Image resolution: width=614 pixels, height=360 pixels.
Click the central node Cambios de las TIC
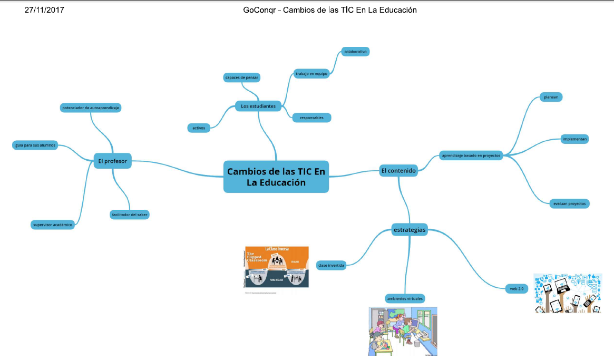(276, 177)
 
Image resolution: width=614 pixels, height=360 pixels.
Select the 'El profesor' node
(112, 161)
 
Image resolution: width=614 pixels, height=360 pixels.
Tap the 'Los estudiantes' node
(258, 106)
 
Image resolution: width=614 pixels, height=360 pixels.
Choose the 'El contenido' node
(398, 170)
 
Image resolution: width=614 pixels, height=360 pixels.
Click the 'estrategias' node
(410, 229)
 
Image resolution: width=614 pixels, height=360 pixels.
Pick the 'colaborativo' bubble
(355, 52)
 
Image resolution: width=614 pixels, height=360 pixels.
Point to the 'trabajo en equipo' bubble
(311, 74)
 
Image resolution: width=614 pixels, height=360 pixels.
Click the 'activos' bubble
(199, 128)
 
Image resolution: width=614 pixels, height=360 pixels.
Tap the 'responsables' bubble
(311, 118)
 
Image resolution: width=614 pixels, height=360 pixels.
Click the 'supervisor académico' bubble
(52, 225)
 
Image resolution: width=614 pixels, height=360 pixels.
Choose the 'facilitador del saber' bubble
(130, 215)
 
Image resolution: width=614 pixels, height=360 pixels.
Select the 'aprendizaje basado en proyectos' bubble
(471, 155)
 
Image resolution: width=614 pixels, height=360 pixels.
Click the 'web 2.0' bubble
(516, 288)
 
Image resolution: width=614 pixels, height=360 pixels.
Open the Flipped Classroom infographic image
(277, 267)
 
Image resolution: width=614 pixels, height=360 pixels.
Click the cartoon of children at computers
(403, 331)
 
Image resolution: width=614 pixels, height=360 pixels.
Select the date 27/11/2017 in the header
(45, 9)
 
